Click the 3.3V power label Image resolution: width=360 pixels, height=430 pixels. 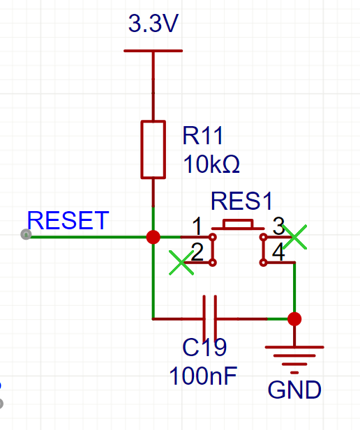click(x=153, y=23)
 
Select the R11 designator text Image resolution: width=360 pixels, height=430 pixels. click(x=202, y=135)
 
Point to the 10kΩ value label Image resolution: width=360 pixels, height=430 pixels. click(x=211, y=164)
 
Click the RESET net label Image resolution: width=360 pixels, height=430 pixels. click(x=68, y=220)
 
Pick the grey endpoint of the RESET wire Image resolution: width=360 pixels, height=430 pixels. click(x=26, y=234)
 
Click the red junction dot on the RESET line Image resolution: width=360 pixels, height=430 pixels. click(x=153, y=237)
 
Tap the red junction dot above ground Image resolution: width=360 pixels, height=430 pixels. click(x=294, y=319)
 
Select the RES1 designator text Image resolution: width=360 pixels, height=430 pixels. click(x=241, y=201)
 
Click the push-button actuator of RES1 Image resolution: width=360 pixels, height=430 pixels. click(x=238, y=224)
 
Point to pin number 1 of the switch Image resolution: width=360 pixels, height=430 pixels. click(x=197, y=226)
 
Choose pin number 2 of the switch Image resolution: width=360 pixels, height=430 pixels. click(x=197, y=252)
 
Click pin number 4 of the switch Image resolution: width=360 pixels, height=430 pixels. click(x=278, y=252)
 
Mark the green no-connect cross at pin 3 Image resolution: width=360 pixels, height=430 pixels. click(x=294, y=237)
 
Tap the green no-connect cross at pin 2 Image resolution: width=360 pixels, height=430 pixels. click(x=181, y=263)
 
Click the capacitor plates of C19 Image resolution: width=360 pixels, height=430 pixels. click(x=210, y=319)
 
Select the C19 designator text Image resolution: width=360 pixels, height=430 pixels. click(x=204, y=347)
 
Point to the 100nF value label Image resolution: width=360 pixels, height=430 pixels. click(x=203, y=376)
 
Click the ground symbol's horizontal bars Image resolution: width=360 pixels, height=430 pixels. click(x=294, y=360)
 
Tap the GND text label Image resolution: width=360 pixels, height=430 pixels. click(x=294, y=390)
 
